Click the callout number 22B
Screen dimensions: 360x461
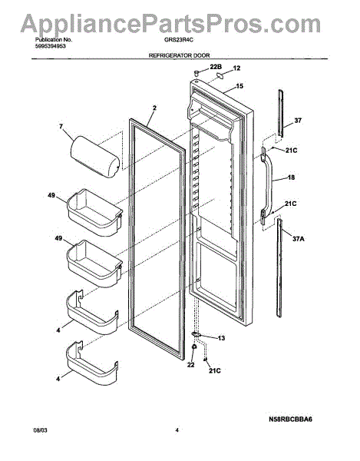pos(216,67)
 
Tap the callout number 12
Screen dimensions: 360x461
pos(236,68)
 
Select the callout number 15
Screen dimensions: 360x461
pos(239,86)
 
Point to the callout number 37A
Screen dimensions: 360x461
pos(299,239)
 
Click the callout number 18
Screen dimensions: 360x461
pos(291,177)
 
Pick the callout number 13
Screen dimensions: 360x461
pos(221,338)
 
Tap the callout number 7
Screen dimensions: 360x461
pos(61,127)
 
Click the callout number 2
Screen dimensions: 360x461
pos(154,108)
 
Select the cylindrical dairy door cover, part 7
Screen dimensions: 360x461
pos(94,158)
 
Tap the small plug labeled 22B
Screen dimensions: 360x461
pos(197,73)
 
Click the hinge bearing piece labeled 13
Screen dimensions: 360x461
pos(196,334)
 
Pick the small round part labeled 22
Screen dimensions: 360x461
pos(193,347)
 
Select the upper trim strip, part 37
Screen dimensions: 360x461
pos(281,114)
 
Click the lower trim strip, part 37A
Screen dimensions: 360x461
pos(279,267)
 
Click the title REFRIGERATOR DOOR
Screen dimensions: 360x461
pos(179,55)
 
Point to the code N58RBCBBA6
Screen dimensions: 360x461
pos(290,419)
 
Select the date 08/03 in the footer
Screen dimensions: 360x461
pos(40,430)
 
